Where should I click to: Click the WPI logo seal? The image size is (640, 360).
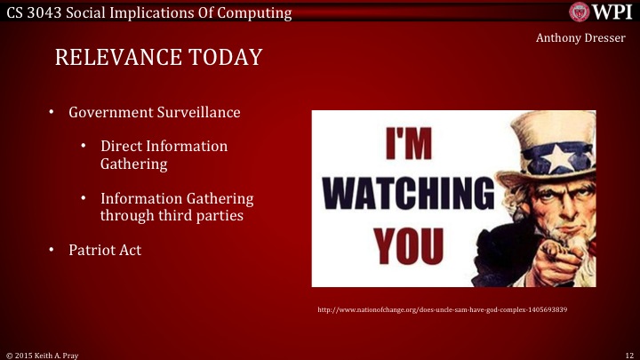coord(580,12)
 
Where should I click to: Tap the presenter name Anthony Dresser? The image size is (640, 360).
coord(582,38)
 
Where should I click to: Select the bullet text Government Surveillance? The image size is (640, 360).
coord(155,113)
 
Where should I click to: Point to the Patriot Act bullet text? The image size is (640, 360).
coord(105,250)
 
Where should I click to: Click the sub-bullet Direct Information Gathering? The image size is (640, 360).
coord(164,155)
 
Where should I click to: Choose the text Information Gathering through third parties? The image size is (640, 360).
coord(177,206)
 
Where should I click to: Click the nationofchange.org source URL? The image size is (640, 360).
coord(443,309)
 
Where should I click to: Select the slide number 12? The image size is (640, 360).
coord(628,354)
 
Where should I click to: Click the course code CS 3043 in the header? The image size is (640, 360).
coord(34,12)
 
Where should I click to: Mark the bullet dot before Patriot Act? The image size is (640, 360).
coord(52,250)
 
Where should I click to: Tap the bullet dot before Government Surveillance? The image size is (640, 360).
coord(52,113)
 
